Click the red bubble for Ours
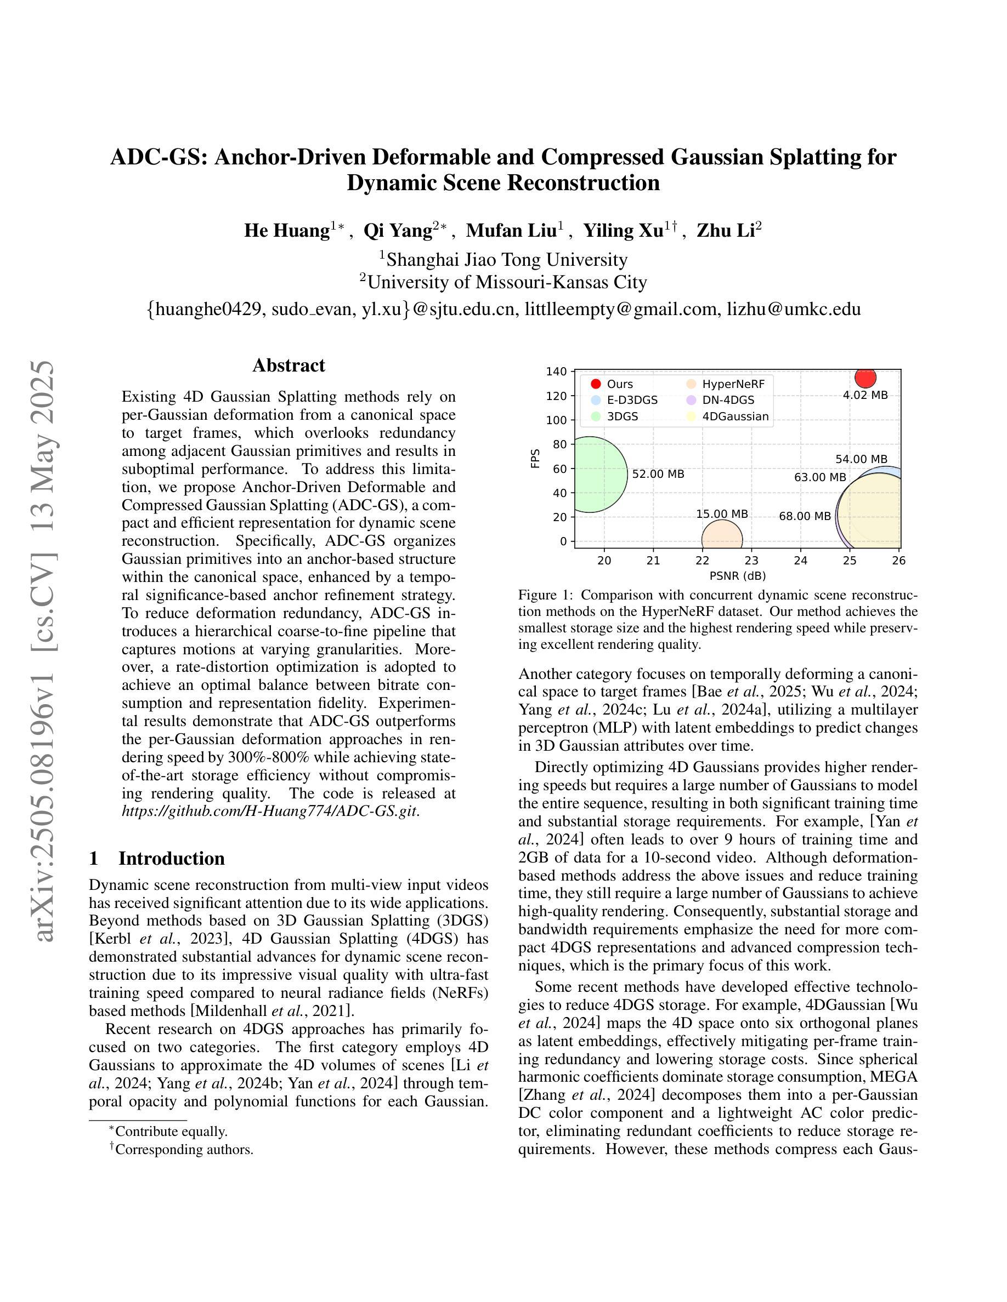point(864,377)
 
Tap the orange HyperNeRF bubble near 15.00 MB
point(722,536)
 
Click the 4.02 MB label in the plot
point(865,395)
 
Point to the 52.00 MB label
point(658,475)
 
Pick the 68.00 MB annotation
point(805,516)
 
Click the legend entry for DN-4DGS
point(728,400)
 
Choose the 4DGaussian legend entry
point(735,416)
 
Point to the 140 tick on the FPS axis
point(556,372)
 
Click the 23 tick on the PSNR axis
point(751,561)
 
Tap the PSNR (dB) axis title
point(737,576)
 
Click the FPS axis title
point(535,458)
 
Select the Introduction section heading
point(171,859)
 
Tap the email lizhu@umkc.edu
point(794,309)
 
